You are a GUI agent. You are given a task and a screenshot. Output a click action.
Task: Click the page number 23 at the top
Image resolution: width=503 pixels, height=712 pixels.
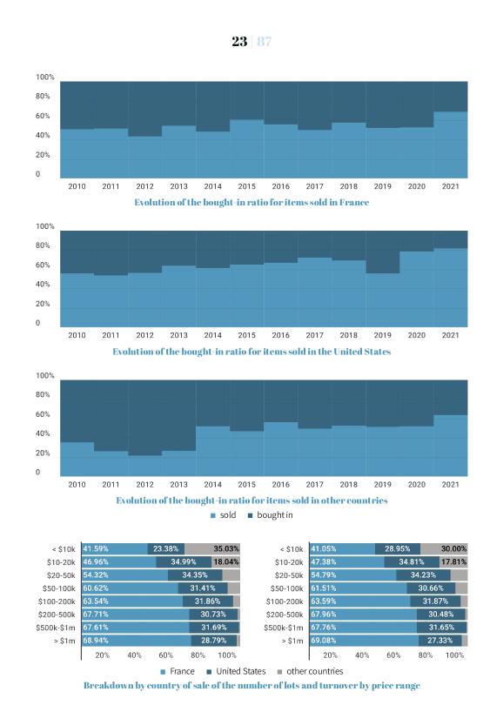point(239,41)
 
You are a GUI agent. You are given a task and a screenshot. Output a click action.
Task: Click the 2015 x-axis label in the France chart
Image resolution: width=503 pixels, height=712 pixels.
point(246,186)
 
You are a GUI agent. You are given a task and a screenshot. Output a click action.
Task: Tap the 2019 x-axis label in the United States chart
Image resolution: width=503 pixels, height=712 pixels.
point(382,335)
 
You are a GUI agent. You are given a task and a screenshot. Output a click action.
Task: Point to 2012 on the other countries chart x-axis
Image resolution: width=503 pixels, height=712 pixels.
point(144,485)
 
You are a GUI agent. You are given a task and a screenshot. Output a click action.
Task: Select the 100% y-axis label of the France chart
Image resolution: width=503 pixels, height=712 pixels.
point(45,77)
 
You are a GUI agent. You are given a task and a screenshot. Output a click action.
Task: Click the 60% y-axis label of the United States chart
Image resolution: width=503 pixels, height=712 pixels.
point(43,265)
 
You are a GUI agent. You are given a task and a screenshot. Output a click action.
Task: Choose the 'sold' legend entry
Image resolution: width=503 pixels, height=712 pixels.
point(224,515)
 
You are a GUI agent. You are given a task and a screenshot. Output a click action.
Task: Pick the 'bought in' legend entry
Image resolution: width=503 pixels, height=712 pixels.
point(270,515)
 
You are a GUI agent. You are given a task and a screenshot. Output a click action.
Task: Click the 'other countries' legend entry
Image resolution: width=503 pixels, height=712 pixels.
point(310,671)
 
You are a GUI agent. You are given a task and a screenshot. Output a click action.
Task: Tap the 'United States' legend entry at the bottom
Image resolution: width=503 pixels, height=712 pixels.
point(236,671)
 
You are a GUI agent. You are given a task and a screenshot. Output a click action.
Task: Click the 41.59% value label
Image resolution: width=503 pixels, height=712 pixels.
point(96,548)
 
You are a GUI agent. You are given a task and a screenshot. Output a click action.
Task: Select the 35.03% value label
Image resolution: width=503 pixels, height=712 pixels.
point(226,548)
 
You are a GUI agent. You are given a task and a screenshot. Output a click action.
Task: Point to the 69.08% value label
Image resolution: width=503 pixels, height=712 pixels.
point(323,641)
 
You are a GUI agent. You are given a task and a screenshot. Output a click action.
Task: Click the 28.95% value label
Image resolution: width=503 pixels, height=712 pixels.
point(397,548)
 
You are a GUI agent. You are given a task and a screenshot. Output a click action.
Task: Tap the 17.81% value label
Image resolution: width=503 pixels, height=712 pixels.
point(453,561)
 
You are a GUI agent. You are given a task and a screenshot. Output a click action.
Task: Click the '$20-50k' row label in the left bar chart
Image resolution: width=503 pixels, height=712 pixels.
point(61,575)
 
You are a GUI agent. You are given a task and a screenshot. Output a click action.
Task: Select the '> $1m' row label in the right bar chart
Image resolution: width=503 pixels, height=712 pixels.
point(292,641)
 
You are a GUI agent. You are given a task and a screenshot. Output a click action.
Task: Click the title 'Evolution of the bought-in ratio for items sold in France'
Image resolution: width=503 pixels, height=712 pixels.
point(251,202)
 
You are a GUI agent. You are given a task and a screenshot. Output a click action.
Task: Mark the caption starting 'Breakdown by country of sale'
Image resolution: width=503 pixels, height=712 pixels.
point(251,685)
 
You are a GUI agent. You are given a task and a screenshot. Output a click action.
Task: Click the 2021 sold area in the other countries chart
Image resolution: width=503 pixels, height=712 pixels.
point(450,445)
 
